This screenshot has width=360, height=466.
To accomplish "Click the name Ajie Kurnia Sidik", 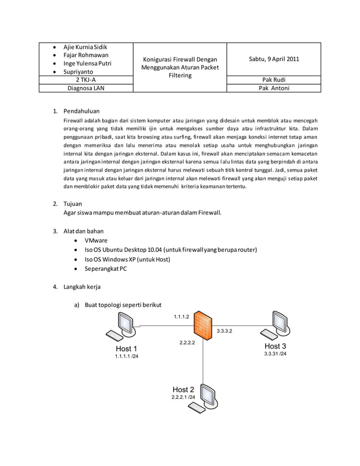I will [x=85, y=47].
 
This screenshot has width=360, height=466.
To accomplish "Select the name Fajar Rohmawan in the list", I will [x=86, y=55].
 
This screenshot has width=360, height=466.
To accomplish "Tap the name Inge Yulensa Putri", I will [x=87, y=64].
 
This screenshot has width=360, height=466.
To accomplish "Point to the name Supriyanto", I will [x=80, y=72].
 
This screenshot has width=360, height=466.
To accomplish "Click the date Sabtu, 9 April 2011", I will [x=274, y=59].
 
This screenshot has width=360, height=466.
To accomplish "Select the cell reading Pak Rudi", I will [x=274, y=80].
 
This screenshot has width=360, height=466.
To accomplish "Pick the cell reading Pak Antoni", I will [x=274, y=89].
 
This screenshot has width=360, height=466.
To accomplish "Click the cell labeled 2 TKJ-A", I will [x=85, y=80].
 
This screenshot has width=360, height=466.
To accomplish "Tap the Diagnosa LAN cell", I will [x=85, y=89].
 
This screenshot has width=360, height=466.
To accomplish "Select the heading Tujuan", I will [x=73, y=203].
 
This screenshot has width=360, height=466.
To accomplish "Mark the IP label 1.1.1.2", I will [x=181, y=316].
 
